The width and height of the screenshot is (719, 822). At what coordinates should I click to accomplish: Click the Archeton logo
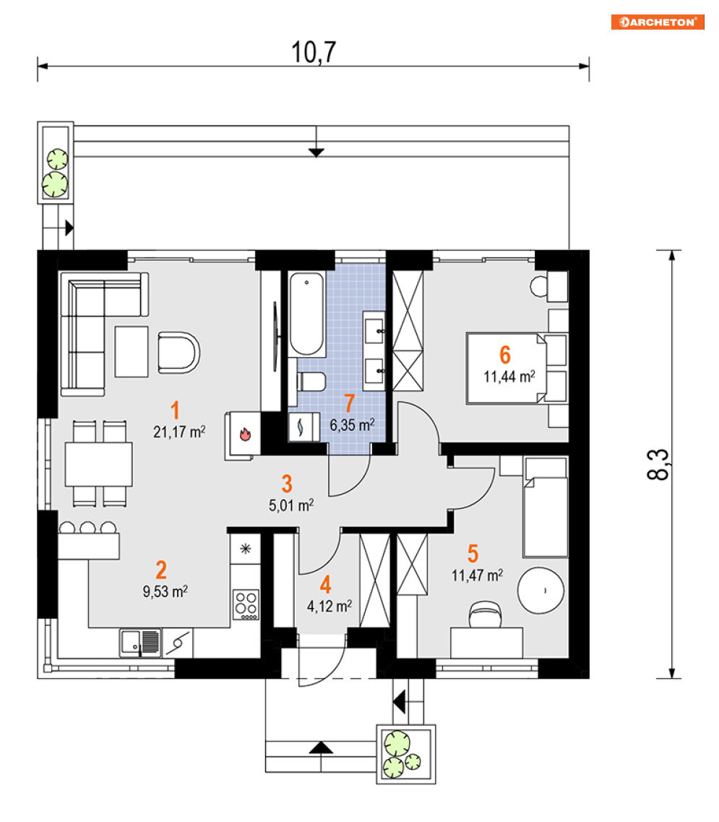[657, 22]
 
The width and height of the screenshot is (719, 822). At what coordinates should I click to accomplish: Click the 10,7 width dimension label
[314, 53]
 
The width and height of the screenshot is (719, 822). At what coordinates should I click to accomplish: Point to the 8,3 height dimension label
[658, 464]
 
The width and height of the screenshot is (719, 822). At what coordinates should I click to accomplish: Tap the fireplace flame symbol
[245, 434]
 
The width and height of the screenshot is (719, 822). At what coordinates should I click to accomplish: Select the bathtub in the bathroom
[306, 314]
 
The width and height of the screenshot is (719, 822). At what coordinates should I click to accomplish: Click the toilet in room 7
[311, 382]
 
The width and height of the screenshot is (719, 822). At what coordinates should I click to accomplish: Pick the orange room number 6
[504, 355]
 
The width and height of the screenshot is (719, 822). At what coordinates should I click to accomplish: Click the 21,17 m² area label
[179, 432]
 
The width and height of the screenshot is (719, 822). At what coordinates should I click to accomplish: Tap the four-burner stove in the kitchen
[246, 604]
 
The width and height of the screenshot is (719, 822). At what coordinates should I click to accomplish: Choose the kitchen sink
[140, 643]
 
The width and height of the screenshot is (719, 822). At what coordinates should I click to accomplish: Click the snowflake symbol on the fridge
[245, 549]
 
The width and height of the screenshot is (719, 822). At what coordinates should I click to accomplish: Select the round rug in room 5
[541, 590]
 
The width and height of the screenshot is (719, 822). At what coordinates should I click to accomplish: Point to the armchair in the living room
[178, 352]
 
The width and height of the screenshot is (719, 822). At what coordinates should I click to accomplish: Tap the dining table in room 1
[98, 464]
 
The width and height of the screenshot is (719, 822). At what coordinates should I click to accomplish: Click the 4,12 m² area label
[329, 607]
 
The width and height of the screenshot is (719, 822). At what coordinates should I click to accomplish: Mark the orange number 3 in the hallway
[287, 484]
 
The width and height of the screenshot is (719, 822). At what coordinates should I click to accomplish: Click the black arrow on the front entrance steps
[321, 748]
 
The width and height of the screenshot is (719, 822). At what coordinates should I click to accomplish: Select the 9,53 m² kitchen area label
[165, 592]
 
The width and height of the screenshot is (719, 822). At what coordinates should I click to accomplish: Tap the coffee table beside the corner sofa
[131, 351]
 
